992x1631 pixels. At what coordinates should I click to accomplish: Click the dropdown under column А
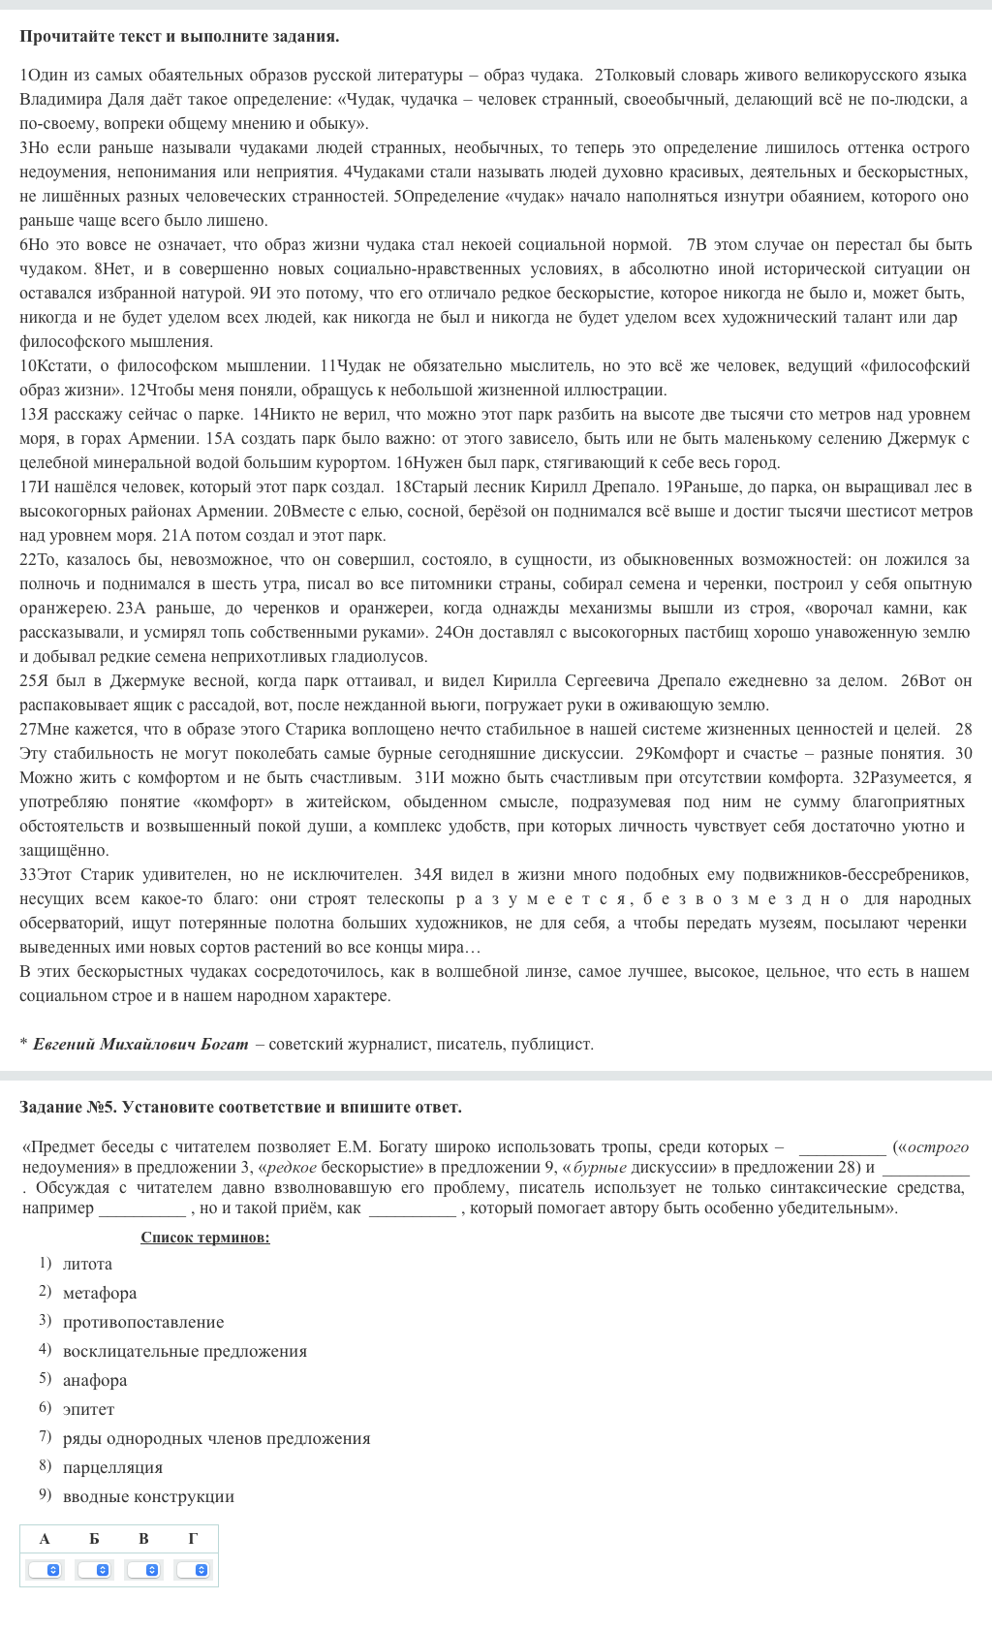click(x=45, y=1569)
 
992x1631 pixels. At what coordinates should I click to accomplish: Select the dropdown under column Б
click(x=94, y=1569)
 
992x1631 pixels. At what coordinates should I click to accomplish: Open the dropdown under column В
click(x=143, y=1569)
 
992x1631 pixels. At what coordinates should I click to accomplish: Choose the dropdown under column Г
click(x=193, y=1569)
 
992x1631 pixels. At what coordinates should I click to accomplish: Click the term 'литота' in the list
click(x=87, y=1264)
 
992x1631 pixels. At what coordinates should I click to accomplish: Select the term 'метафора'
click(x=100, y=1293)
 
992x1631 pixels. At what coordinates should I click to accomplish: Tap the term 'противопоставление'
click(x=143, y=1322)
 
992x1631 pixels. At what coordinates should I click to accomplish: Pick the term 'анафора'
click(x=95, y=1380)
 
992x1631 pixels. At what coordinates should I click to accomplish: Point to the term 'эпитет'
click(x=88, y=1409)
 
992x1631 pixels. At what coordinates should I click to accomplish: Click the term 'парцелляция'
click(x=112, y=1467)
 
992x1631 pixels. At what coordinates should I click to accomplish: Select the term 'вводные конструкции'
click(x=148, y=1496)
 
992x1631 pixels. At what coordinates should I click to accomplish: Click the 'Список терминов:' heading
click(x=205, y=1238)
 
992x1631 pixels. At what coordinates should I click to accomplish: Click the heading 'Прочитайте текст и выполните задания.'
click(x=179, y=37)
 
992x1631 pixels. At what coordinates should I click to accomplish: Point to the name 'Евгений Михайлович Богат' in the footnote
click(x=140, y=1044)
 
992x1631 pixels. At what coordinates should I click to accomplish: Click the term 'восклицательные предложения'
click(x=185, y=1351)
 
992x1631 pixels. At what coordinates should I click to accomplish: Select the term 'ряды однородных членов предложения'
click(x=216, y=1438)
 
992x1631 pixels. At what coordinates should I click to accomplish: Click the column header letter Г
click(x=193, y=1538)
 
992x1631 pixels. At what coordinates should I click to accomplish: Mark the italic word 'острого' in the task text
click(x=939, y=1147)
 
